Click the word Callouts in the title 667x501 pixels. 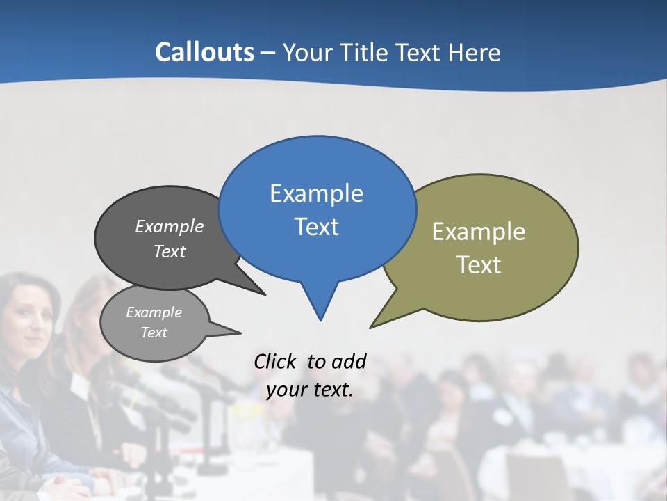(x=204, y=52)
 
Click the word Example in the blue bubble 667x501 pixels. (x=316, y=193)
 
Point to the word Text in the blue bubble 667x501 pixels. (x=316, y=227)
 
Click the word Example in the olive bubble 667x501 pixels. (x=479, y=231)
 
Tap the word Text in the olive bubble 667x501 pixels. (x=479, y=265)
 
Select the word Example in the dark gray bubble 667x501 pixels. (x=169, y=226)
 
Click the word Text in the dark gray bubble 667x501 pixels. (x=169, y=251)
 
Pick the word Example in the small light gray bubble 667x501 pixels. (x=154, y=312)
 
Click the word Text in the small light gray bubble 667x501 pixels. (x=154, y=333)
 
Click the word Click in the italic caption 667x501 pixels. (x=275, y=361)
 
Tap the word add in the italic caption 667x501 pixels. (x=348, y=361)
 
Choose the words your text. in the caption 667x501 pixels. (x=310, y=390)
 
